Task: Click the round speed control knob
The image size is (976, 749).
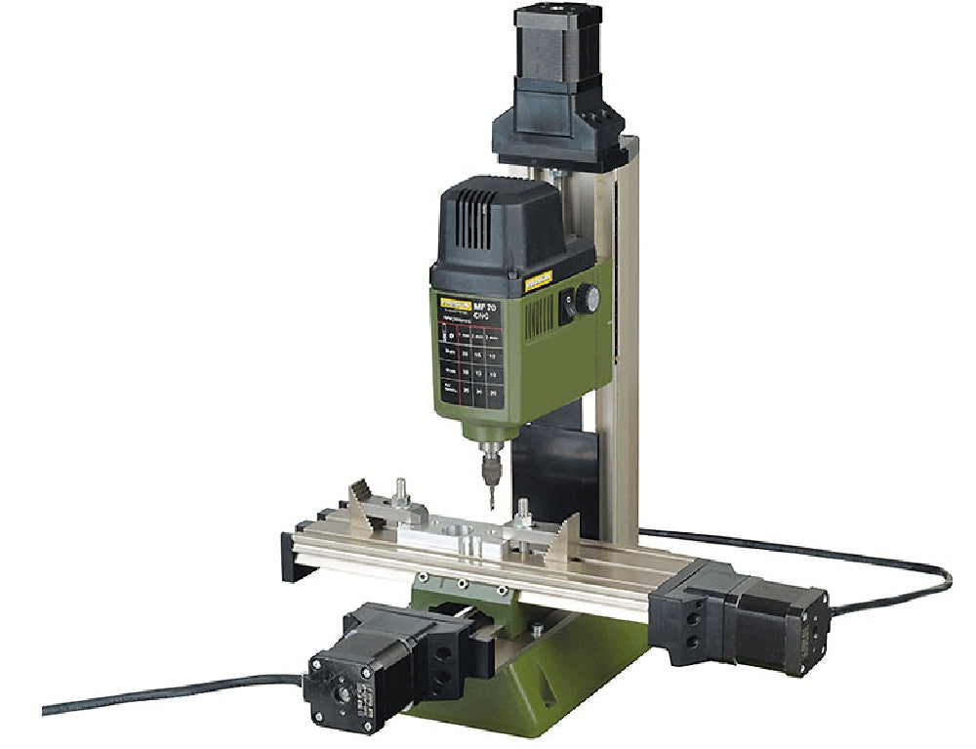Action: point(587,299)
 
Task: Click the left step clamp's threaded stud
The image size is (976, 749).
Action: point(399,487)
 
